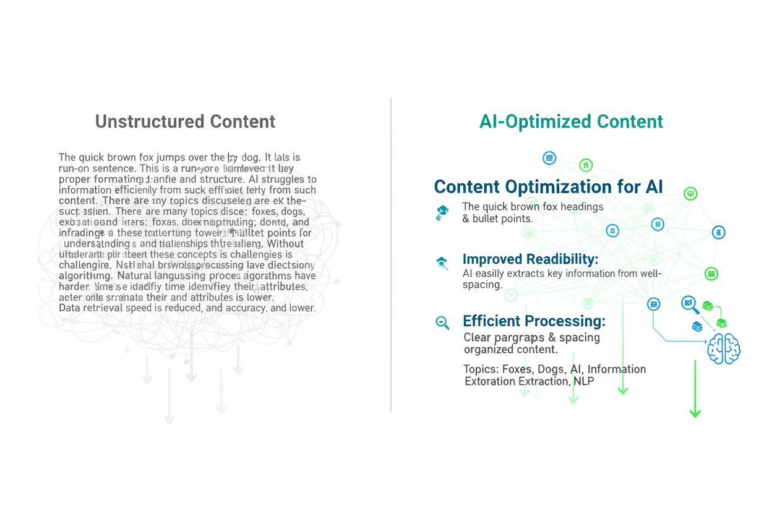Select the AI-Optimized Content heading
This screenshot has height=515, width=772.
[x=571, y=121]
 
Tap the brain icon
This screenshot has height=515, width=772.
[x=723, y=348]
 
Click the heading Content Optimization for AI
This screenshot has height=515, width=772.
[x=548, y=187]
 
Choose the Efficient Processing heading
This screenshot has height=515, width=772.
[x=534, y=321]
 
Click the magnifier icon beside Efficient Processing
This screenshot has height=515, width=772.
[x=442, y=322]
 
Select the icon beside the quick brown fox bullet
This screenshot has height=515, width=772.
[x=442, y=212]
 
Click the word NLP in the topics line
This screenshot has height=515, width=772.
[x=583, y=381]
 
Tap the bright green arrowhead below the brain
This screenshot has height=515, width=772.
[x=695, y=413]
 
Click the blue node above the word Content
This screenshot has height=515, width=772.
[x=549, y=158]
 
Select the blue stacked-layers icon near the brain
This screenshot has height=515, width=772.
[x=697, y=326]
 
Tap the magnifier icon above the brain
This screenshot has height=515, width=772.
[x=688, y=303]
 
